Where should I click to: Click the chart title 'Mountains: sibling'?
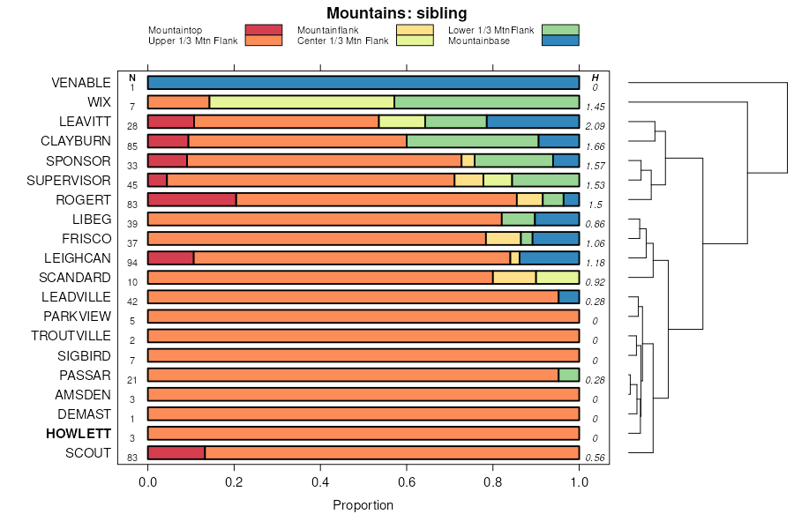(x=396, y=12)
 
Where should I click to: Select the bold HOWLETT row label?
(x=79, y=434)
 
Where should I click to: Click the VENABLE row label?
(x=81, y=83)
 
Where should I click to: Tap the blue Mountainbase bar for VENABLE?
(x=363, y=83)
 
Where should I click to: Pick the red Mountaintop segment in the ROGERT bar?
(x=191, y=199)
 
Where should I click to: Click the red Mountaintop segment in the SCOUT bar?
(x=176, y=453)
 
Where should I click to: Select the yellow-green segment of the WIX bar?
(x=301, y=102)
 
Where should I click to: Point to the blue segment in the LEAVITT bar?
(x=533, y=122)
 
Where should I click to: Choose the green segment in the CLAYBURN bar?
(x=472, y=141)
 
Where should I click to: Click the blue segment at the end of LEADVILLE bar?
(x=568, y=297)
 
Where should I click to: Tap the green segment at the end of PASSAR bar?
(x=568, y=375)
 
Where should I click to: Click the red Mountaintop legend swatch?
(x=264, y=30)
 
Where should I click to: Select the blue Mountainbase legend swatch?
(x=560, y=41)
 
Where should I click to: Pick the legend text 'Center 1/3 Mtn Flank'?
(x=342, y=41)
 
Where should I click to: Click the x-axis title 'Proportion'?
(x=363, y=505)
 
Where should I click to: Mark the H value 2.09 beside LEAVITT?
(x=595, y=126)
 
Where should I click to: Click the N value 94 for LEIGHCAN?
(x=132, y=263)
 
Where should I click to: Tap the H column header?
(x=595, y=78)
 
